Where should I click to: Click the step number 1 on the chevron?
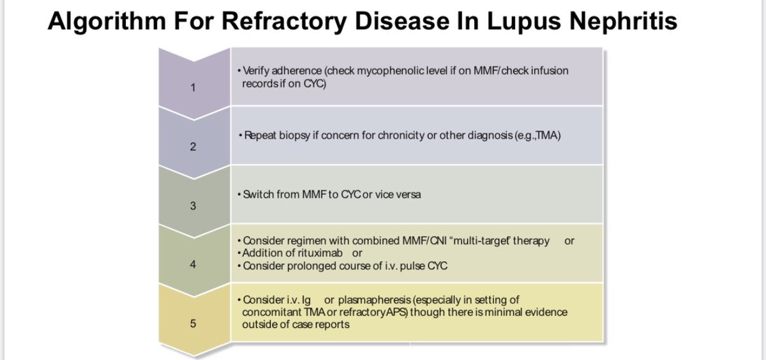pos(193,87)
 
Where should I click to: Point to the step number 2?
pos(193,147)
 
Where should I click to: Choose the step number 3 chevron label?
pos(193,206)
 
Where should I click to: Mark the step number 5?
pos(193,323)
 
